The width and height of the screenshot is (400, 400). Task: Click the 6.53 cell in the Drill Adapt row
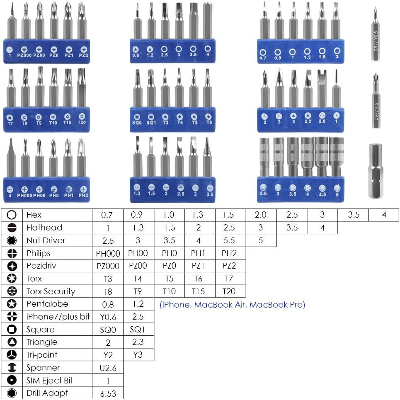(x=108, y=393)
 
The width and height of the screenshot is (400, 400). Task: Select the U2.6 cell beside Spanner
(x=108, y=368)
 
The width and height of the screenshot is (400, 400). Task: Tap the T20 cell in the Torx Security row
(x=230, y=291)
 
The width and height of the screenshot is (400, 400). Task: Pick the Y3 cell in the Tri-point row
(x=138, y=355)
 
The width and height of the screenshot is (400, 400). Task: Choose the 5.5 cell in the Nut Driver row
(x=230, y=240)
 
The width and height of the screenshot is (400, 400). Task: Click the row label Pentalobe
(x=47, y=304)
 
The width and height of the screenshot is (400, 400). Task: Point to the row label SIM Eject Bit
(x=50, y=380)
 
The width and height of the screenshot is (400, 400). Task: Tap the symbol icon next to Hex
(x=12, y=215)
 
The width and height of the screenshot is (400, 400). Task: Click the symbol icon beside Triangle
(x=12, y=342)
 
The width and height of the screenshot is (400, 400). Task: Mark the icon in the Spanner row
(x=12, y=368)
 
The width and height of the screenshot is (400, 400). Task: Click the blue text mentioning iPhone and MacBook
(x=232, y=305)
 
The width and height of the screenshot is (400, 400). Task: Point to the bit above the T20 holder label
(x=82, y=87)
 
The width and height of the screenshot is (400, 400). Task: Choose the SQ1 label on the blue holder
(x=151, y=122)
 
